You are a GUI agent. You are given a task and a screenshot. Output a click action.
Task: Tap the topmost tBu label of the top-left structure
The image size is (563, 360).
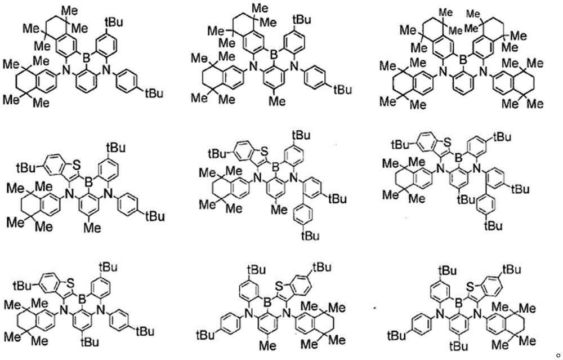pos(114,23)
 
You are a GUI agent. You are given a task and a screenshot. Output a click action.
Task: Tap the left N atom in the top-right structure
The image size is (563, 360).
pos(444,74)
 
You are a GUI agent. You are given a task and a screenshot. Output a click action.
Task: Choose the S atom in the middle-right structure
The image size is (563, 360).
pos(447,143)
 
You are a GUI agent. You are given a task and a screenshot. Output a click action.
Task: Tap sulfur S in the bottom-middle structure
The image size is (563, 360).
pos(279,286)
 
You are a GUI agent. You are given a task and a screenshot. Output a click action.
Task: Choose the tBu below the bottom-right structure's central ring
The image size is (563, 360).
pos(459,345)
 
